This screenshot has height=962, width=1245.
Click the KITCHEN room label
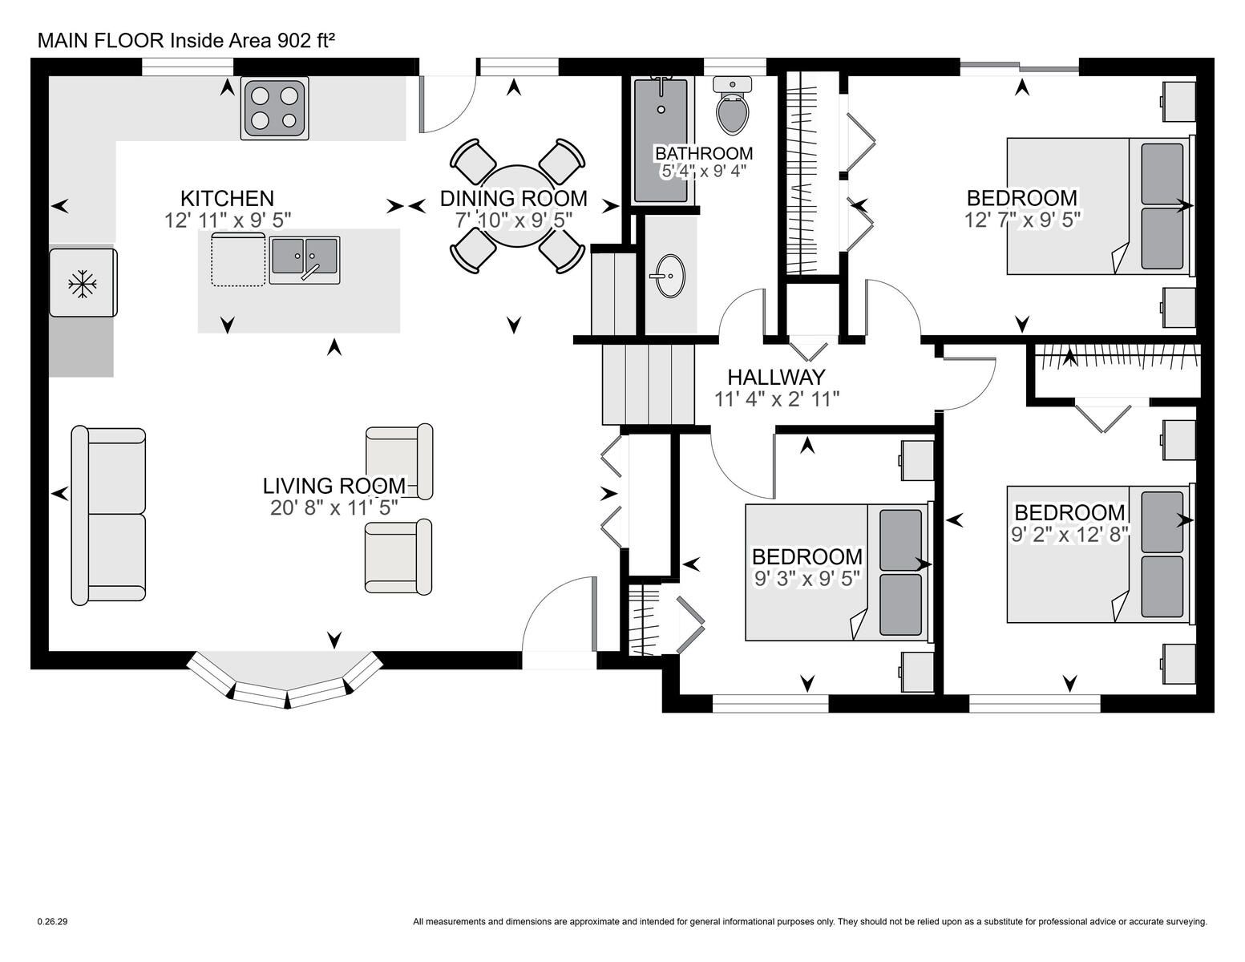click(227, 198)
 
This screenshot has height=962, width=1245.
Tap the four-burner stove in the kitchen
click(274, 108)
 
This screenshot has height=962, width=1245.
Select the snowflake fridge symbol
click(83, 283)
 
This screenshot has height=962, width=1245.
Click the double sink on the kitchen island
click(305, 260)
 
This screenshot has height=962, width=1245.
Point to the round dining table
click(517, 206)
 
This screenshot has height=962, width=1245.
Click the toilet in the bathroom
click(732, 106)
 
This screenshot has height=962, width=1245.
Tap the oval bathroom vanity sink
click(669, 276)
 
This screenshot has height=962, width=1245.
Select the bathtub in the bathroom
click(661, 140)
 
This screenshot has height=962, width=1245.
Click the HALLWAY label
click(776, 377)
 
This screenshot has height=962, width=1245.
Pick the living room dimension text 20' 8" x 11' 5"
click(334, 507)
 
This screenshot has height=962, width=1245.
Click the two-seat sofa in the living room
click(108, 514)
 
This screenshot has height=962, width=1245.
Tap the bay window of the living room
click(285, 682)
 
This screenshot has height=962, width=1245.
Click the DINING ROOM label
click(514, 198)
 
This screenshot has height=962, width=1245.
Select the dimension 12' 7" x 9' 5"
click(1023, 220)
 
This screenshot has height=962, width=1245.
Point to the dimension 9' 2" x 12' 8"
click(1069, 535)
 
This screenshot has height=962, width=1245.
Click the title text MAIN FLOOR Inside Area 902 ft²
click(186, 41)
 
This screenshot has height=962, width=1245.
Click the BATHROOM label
click(704, 154)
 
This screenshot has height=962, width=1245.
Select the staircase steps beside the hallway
click(648, 384)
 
